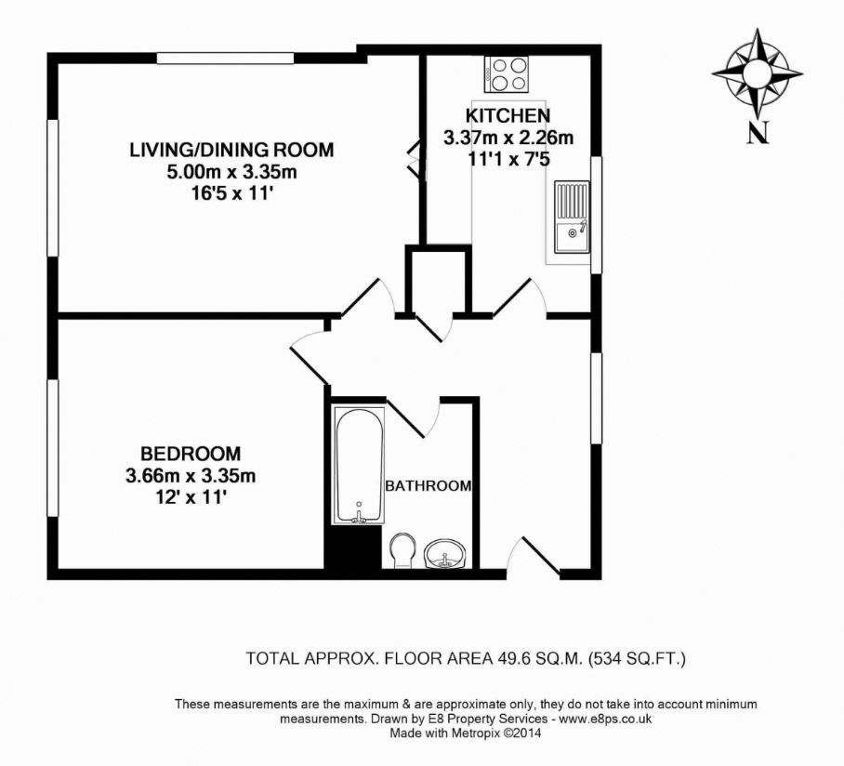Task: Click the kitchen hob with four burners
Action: (507, 73)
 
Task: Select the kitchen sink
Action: (572, 217)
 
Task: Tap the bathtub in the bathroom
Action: (358, 463)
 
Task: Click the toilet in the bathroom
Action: (402, 548)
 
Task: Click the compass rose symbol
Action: (758, 72)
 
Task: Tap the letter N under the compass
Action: (758, 134)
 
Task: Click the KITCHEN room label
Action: (508, 116)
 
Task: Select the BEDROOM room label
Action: (191, 454)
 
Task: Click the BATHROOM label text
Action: (429, 485)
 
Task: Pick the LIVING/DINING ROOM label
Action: (231, 150)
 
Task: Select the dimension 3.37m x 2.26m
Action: (508, 139)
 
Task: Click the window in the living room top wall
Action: (225, 59)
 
